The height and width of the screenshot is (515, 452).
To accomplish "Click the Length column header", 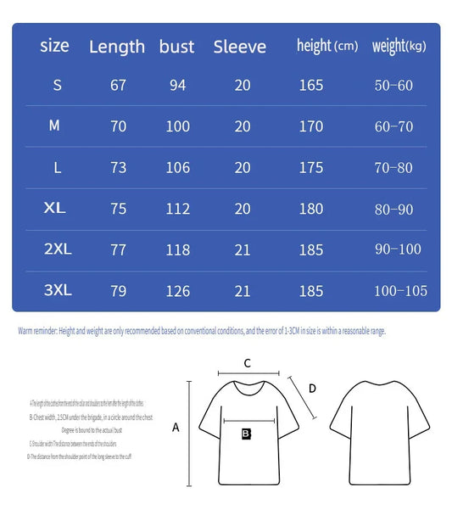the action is (117, 47).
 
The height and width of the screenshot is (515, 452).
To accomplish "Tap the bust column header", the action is (176, 47).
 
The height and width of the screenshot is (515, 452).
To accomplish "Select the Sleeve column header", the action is (240, 47).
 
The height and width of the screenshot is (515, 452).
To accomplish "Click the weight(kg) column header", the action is (399, 46).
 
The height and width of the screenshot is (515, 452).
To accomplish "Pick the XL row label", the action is (55, 208).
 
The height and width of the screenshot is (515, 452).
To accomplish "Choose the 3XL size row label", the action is (58, 290).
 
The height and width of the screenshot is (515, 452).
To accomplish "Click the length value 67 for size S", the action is (118, 86).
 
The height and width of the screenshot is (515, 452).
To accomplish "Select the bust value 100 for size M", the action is (178, 126).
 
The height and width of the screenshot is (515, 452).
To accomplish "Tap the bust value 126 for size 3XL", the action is (178, 291).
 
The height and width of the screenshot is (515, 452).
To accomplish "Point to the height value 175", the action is (311, 168).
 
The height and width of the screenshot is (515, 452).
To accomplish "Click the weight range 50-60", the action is (393, 86).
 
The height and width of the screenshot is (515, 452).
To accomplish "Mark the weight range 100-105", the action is (401, 291).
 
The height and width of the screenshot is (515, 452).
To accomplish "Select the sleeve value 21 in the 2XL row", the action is (243, 249).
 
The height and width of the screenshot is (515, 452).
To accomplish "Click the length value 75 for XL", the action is (118, 209).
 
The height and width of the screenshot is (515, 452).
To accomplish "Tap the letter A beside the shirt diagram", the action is (176, 428).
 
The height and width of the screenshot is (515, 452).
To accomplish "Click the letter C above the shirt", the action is (247, 363).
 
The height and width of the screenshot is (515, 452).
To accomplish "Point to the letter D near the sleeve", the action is (312, 389).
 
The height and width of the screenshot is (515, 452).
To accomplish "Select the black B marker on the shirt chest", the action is (246, 434).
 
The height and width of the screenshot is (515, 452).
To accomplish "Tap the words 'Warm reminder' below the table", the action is (36, 331).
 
